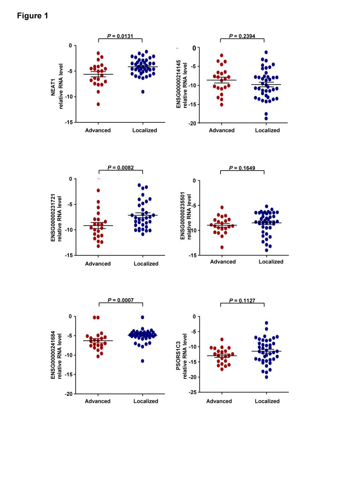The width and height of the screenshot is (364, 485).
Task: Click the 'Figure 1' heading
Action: pos(32,16)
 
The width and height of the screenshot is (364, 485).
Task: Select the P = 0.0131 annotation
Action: pos(120,36)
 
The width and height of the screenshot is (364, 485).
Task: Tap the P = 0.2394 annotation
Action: pos(242,36)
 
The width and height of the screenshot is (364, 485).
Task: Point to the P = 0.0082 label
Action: pos(120,168)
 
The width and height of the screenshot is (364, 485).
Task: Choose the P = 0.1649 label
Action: pos(242,168)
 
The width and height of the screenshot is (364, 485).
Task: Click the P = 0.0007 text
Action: pos(120,300)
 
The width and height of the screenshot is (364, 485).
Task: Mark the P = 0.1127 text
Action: pos(242,300)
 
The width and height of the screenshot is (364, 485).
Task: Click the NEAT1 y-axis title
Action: pos(53,87)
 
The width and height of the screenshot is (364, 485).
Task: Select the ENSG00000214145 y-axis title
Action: pos(178,84)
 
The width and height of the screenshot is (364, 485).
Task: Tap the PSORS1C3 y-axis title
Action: pos(178,356)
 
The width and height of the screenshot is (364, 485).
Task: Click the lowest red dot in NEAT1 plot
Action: pos(98,104)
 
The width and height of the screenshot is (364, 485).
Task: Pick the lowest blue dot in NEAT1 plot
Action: pos(143,92)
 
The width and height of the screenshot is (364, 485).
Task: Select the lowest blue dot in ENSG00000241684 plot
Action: pos(143,361)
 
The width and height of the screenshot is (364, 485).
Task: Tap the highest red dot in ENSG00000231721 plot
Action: pos(98,190)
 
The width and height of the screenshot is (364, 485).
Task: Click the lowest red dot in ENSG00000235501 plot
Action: pos(222,247)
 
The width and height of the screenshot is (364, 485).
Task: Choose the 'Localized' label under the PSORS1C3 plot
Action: pos(267,401)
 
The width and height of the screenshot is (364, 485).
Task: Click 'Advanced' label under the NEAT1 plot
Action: pos(98,130)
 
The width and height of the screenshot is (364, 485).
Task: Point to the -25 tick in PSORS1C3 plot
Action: pos(193,392)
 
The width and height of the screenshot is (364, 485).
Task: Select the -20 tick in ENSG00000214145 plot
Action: pos(192,123)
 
